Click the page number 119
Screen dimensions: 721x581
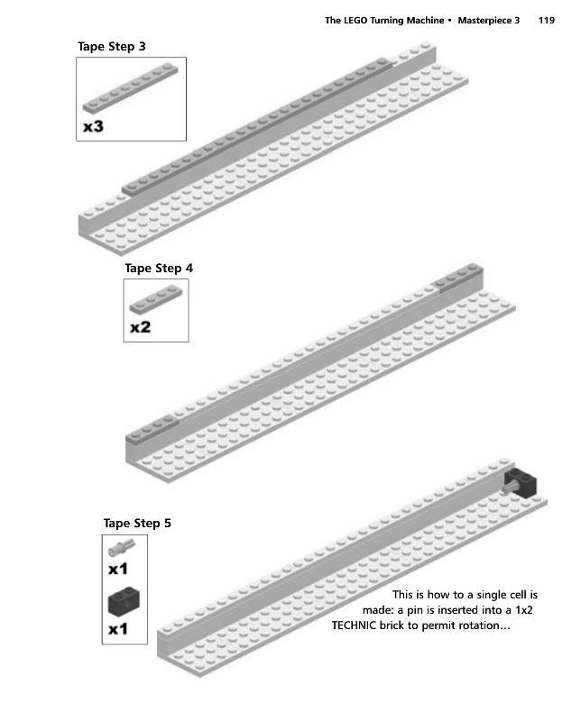point(546,20)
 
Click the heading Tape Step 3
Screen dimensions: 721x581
point(112,46)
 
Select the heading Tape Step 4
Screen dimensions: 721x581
point(159,268)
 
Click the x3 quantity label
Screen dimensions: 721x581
point(93,127)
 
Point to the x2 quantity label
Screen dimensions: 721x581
point(140,328)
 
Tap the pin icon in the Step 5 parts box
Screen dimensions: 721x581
point(122,546)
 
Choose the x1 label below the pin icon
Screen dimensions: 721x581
point(118,570)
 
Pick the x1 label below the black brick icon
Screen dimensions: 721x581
point(118,629)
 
